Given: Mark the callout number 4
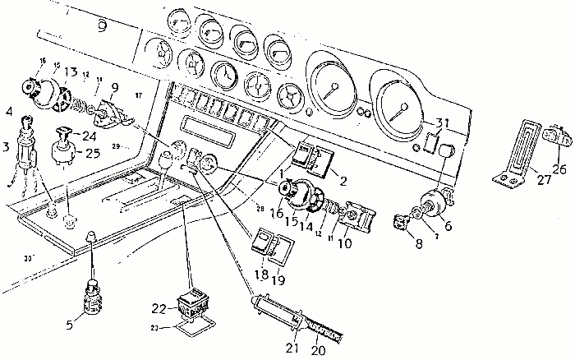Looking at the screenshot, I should pos(9,111).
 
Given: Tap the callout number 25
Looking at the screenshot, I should pos(91,153).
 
